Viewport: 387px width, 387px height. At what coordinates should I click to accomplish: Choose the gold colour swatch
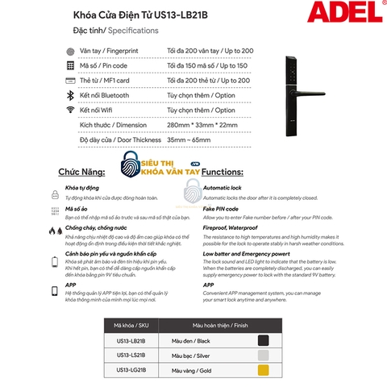click(x=263, y=369)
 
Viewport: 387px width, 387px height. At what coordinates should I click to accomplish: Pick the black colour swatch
click(x=263, y=339)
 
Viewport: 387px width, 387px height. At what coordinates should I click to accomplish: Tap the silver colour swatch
click(x=263, y=355)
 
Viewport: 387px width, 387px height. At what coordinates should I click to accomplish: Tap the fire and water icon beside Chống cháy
click(x=54, y=230)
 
